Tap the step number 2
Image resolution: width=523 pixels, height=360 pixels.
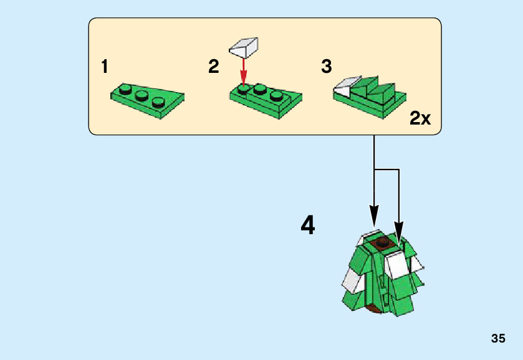point(214,67)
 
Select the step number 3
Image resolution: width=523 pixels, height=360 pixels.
point(327,67)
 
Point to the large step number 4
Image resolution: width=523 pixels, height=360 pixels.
point(307,225)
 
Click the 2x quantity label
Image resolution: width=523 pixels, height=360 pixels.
point(420,118)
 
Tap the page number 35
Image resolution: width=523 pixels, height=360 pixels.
point(497,339)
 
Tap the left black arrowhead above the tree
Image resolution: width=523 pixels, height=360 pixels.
point(374,219)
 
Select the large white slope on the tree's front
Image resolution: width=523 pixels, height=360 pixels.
point(395,265)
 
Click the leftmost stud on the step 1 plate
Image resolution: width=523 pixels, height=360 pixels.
point(127,90)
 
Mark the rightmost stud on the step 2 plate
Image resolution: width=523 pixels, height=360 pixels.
point(276,95)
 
